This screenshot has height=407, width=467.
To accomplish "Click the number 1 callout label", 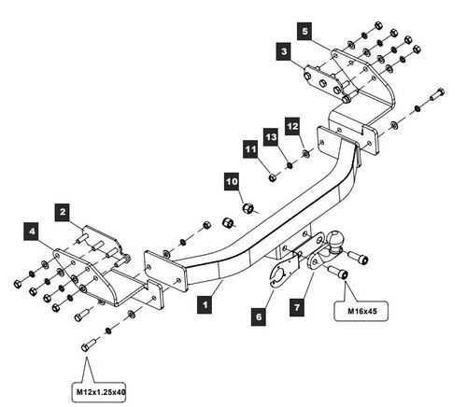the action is tap(205, 304).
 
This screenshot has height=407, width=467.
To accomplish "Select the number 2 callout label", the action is tap(63, 212).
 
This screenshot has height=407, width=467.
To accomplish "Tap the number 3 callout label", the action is tap(284, 51).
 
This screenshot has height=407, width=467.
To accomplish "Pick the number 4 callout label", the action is tap(32, 232).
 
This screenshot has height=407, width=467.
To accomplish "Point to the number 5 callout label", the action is tap(304, 31).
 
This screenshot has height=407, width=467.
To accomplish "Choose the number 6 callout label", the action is tap(259, 316).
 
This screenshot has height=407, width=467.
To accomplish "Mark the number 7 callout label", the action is tap(297, 307).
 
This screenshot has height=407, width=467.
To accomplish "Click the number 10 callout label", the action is tap(232, 181).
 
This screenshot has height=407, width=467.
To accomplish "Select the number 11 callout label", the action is tap(250, 149).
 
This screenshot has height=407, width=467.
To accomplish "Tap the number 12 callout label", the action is tap(292, 126).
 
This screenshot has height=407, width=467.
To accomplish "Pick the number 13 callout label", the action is tap(271, 137).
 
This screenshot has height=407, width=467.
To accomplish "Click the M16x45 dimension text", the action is tap(361, 311).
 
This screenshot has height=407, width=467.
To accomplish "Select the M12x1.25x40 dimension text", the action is tap(101, 391).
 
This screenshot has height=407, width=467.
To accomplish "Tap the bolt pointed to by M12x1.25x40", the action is tap(89, 344).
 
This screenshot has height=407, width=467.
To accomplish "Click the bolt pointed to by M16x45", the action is tap(339, 272).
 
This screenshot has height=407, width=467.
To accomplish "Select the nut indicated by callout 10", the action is tap(248, 207).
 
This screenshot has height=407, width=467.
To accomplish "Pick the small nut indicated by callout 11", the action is tap(273, 177).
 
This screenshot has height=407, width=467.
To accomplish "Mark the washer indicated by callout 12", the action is tap(306, 153).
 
